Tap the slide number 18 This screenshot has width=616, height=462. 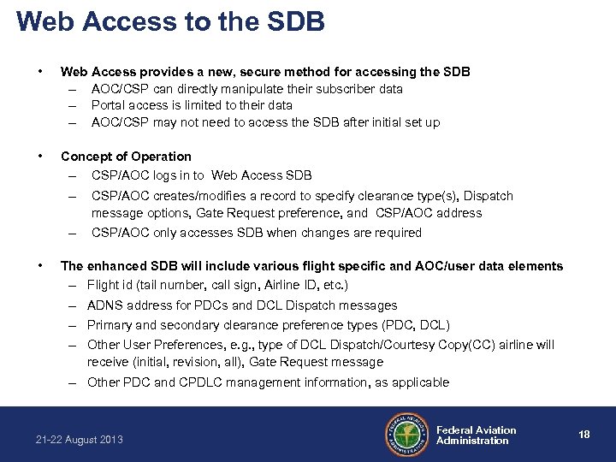584,435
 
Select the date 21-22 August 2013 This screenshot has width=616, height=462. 80,440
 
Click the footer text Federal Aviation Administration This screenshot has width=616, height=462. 476,435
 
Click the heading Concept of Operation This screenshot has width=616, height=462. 126,156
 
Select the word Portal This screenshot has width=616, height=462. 108,105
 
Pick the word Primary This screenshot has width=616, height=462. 110,325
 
